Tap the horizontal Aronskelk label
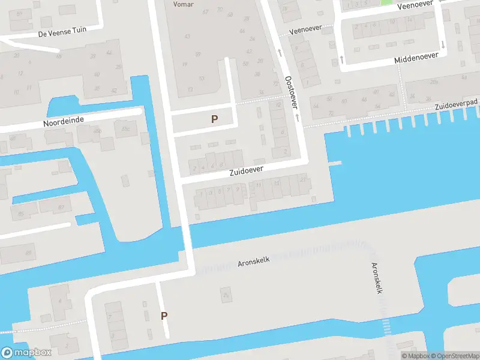(x=254, y=262)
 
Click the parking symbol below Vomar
(x=214, y=119)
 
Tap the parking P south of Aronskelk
(x=164, y=316)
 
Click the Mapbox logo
(x=25, y=353)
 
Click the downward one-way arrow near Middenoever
(x=443, y=44)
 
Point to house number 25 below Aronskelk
(x=226, y=295)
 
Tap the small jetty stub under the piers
(x=334, y=163)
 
